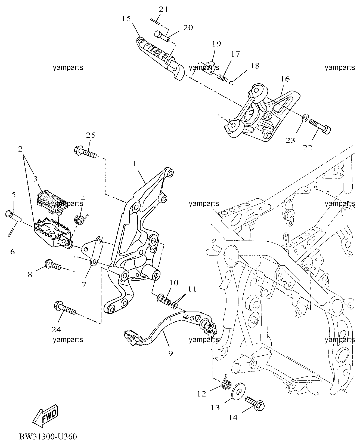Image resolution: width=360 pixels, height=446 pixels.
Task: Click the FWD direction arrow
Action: pyautogui.click(x=45, y=418)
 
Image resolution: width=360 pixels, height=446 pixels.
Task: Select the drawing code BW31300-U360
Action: pyautogui.click(x=48, y=437)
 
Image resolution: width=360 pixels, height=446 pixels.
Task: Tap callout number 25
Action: pyautogui.click(x=91, y=135)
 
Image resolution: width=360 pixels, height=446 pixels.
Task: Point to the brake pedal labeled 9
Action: pyautogui.click(x=169, y=329)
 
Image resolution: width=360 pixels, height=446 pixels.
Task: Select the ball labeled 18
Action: pyautogui.click(x=231, y=83)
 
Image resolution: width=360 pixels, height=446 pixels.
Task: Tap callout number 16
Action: pyautogui.click(x=285, y=79)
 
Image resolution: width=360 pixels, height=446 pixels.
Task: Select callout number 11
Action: pyautogui.click(x=192, y=289)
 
